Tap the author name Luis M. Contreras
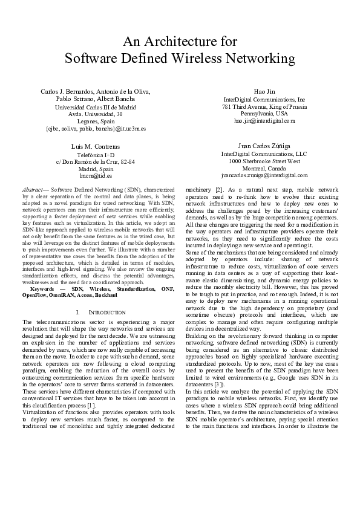click(96, 147)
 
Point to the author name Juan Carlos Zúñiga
click(264, 146)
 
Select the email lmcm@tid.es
click(96, 176)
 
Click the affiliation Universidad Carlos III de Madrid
click(96, 106)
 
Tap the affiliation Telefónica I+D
click(96, 155)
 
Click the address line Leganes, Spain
click(96, 121)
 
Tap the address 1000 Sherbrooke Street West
click(264, 161)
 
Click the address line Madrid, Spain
click(96, 169)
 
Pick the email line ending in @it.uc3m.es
click(96, 128)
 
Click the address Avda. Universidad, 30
click(96, 114)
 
